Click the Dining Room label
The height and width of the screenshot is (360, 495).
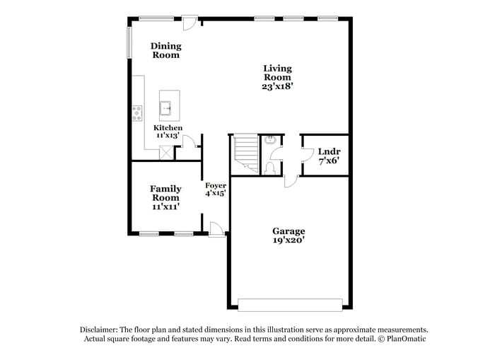click(x=166, y=50)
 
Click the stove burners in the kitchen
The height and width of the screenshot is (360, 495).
click(x=136, y=112)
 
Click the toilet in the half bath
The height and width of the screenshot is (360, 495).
click(x=270, y=168)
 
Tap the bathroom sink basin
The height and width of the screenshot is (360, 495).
click(x=269, y=140)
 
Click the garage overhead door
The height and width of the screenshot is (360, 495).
click(x=290, y=305)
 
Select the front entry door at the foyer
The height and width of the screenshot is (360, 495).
click(x=217, y=228)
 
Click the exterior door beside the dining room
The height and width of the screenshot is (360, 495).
click(x=189, y=23)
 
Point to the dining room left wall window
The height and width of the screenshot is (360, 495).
click(x=129, y=43)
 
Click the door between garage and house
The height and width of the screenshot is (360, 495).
click(x=291, y=181)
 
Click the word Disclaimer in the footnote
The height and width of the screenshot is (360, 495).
click(x=99, y=330)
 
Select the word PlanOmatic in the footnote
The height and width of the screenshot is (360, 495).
click(x=403, y=339)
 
